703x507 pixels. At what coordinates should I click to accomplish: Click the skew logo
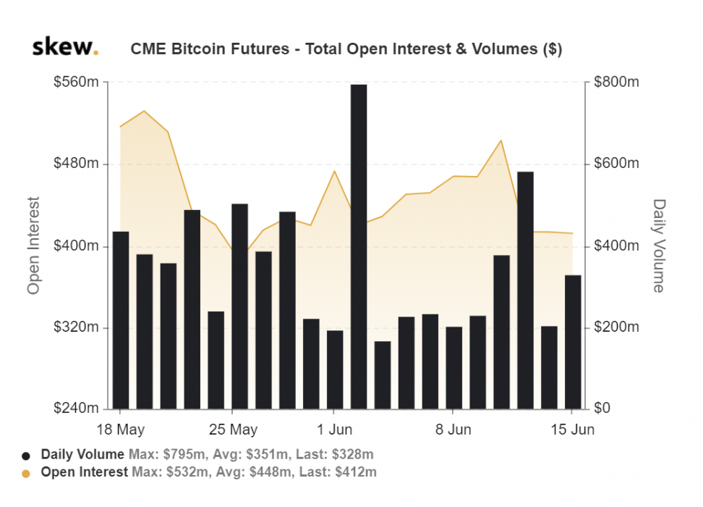65,47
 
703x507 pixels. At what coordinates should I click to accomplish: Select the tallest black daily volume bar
359,246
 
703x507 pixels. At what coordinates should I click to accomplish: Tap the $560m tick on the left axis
76,82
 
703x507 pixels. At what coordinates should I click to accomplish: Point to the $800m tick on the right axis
616,82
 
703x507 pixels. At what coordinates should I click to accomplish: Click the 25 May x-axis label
233,430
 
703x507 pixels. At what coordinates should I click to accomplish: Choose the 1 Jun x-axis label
334,430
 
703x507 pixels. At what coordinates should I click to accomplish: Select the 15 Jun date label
573,430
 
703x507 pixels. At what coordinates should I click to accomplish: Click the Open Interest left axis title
33,246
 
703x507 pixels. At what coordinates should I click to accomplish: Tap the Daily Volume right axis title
658,246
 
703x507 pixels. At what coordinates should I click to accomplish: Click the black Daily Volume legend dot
26,456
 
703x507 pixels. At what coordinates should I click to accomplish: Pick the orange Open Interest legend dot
26,474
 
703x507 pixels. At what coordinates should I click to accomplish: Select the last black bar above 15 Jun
573,342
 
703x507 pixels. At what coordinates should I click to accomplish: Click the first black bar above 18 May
121,320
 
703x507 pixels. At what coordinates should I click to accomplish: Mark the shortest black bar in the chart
383,375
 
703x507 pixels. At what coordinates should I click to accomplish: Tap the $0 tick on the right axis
602,408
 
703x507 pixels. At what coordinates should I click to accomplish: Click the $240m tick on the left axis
76,408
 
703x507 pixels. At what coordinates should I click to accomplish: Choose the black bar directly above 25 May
240,306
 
